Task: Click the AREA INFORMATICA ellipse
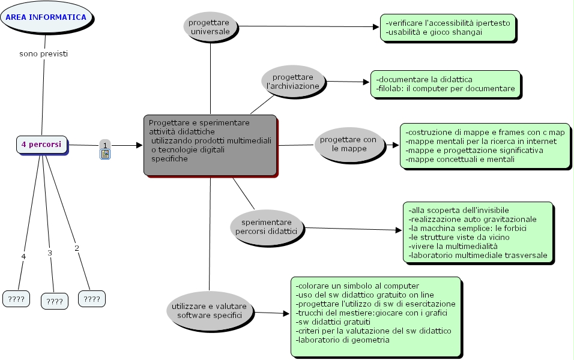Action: tap(46, 18)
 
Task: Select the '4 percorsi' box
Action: tap(41, 145)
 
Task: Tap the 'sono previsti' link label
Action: tap(43, 53)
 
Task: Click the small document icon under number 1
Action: tap(105, 154)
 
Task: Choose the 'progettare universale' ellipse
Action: tap(211, 26)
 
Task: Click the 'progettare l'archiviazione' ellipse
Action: tap(294, 82)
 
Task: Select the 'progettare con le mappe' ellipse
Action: tap(348, 144)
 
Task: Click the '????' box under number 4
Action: tap(17, 298)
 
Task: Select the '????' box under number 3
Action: tap(55, 301)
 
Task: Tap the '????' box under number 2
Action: tap(92, 298)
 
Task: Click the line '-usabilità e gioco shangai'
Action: tap(434, 32)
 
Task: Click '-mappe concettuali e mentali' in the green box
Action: tap(460, 160)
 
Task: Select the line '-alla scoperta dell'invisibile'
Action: tap(459, 210)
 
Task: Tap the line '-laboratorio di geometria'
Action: tap(343, 340)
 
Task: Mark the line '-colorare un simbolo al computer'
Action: tap(357, 286)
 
